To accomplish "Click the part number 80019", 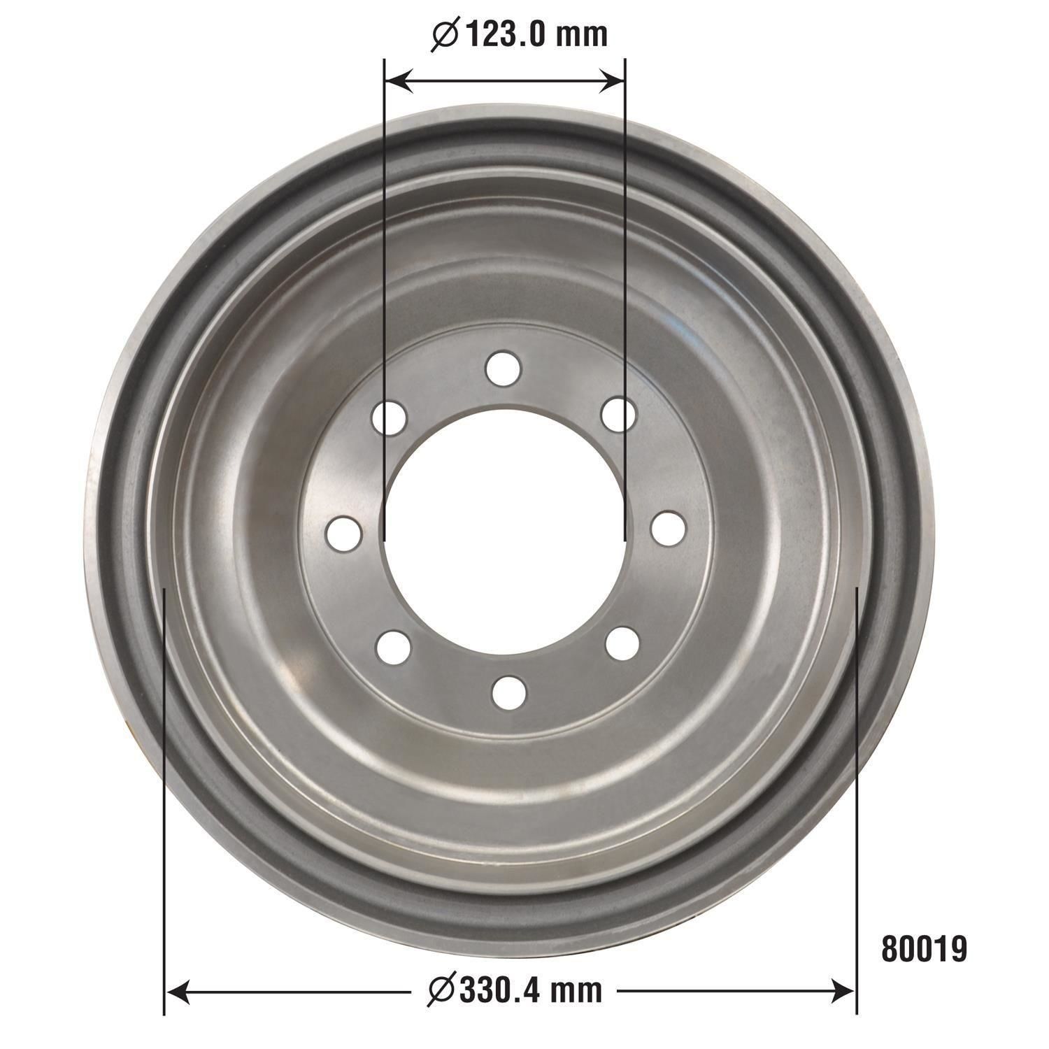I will [x=924, y=949].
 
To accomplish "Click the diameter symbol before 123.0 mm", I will [x=445, y=36].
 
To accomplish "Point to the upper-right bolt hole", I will [x=619, y=415].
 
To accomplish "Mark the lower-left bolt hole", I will [x=394, y=647].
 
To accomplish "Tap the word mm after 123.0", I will [x=583, y=35].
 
